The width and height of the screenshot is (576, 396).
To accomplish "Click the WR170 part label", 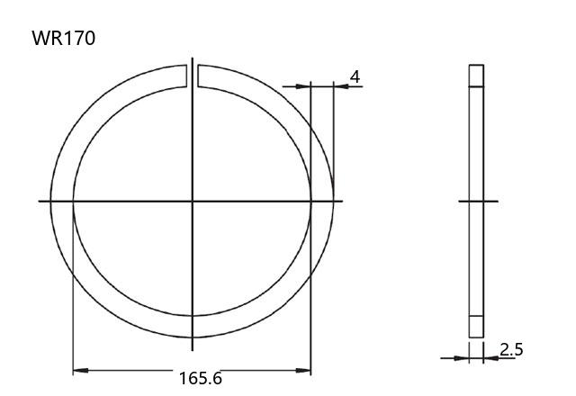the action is tap(64, 38).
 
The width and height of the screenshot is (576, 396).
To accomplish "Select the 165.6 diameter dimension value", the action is tap(201, 378).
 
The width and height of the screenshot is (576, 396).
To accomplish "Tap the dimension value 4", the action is tap(355, 77).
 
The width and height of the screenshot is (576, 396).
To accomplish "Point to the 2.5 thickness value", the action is tap(511, 349).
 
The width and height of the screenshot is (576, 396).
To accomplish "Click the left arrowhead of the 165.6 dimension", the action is tap(80, 370).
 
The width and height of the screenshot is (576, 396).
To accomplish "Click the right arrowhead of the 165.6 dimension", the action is tap(303, 370).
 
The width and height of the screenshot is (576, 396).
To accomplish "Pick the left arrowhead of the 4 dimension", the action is tap(303, 86).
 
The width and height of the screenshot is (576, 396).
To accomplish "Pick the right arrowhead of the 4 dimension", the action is tap(341, 86).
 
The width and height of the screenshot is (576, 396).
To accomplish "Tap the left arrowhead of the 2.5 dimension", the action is tap(462, 358).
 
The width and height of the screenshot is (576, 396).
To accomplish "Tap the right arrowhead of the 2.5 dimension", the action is tap(490, 358).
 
